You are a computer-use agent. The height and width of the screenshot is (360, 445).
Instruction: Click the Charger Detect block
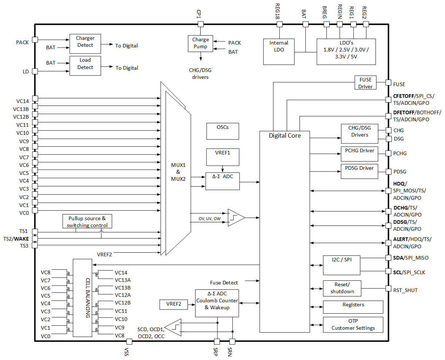[x=85, y=44]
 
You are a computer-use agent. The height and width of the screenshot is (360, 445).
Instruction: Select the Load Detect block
[x=85, y=66]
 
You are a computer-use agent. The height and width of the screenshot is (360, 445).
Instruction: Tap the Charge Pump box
[x=200, y=43]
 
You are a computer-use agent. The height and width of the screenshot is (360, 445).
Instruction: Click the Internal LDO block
[x=279, y=51]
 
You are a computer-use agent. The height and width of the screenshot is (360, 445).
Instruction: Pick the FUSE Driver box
[x=365, y=83]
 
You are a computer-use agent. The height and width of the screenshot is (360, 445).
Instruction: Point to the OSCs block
[x=222, y=131]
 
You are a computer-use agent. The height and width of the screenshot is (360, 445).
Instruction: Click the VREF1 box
[x=222, y=157]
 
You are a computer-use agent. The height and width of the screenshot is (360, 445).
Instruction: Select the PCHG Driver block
[x=359, y=154]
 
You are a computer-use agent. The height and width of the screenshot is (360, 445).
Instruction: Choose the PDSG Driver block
[x=359, y=171]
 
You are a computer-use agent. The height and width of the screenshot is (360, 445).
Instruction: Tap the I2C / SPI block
[x=342, y=265]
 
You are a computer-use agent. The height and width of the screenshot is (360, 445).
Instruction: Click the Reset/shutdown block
[x=342, y=288]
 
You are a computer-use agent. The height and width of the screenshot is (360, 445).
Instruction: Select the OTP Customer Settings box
[x=353, y=325]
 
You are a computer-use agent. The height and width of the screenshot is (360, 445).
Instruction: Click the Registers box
[x=353, y=307]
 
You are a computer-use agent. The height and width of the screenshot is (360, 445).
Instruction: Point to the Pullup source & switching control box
[x=87, y=222]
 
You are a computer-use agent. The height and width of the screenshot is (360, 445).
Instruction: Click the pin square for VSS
[x=129, y=341]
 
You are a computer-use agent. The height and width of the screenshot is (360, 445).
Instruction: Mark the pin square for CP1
[x=200, y=24]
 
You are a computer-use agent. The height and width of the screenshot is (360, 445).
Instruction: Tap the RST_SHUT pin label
[x=405, y=290]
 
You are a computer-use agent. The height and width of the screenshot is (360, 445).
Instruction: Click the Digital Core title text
[x=285, y=135]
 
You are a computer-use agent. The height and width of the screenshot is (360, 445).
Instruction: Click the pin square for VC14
[x=35, y=99]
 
